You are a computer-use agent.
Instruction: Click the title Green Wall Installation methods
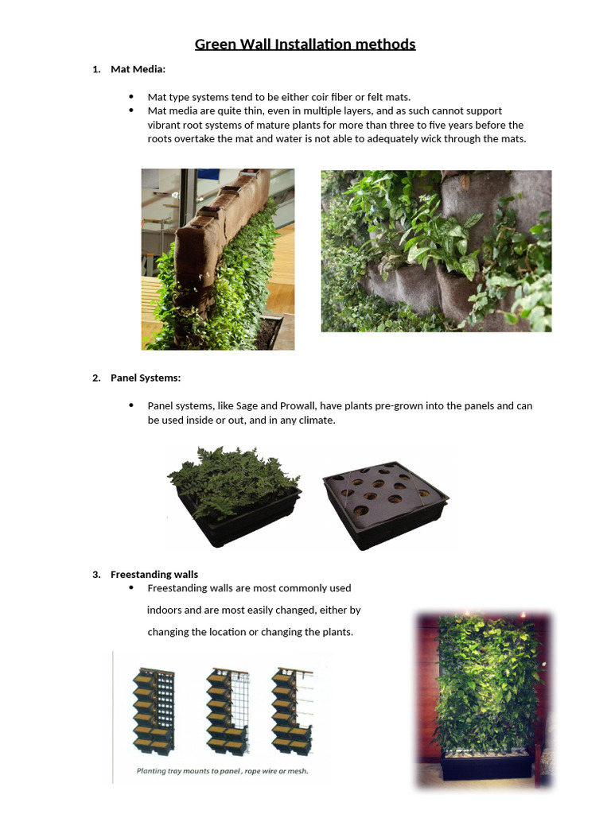point(305,44)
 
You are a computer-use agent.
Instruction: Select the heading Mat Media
point(138,69)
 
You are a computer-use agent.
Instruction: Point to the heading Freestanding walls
point(154,574)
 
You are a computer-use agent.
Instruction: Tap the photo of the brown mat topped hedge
point(218,259)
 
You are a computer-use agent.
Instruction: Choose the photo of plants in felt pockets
point(436,250)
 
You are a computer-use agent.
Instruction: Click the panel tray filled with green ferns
point(234,493)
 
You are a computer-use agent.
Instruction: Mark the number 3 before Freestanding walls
point(96,574)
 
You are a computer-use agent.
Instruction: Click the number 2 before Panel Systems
point(96,378)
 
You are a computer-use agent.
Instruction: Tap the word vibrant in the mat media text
point(165,125)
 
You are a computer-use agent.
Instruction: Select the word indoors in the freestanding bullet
point(165,610)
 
